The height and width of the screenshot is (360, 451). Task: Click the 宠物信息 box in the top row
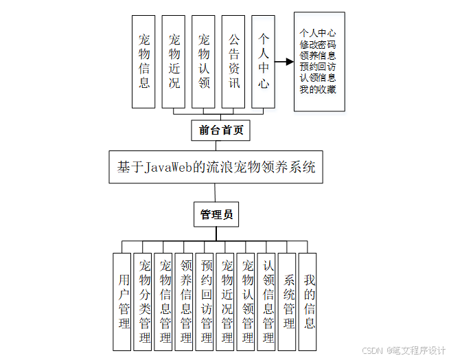tap(143, 61)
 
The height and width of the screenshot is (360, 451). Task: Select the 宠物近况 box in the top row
tap(174, 61)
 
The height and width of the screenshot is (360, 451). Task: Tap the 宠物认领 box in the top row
tap(204, 61)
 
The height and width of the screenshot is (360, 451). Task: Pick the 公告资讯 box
tap(234, 61)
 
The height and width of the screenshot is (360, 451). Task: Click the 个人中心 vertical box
tap(264, 61)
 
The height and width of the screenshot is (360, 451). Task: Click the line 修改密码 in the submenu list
tap(318, 44)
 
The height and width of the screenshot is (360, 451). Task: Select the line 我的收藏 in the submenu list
tap(318, 89)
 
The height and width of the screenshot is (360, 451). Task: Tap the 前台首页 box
tap(220, 130)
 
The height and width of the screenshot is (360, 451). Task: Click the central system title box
tap(216, 167)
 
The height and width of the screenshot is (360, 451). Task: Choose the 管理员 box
tap(216, 215)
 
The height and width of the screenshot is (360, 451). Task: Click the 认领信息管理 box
tap(268, 301)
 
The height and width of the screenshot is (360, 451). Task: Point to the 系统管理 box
tap(289, 301)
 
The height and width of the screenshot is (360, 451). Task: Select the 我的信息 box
tap(310, 301)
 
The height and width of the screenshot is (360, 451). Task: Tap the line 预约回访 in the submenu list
tap(318, 67)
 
